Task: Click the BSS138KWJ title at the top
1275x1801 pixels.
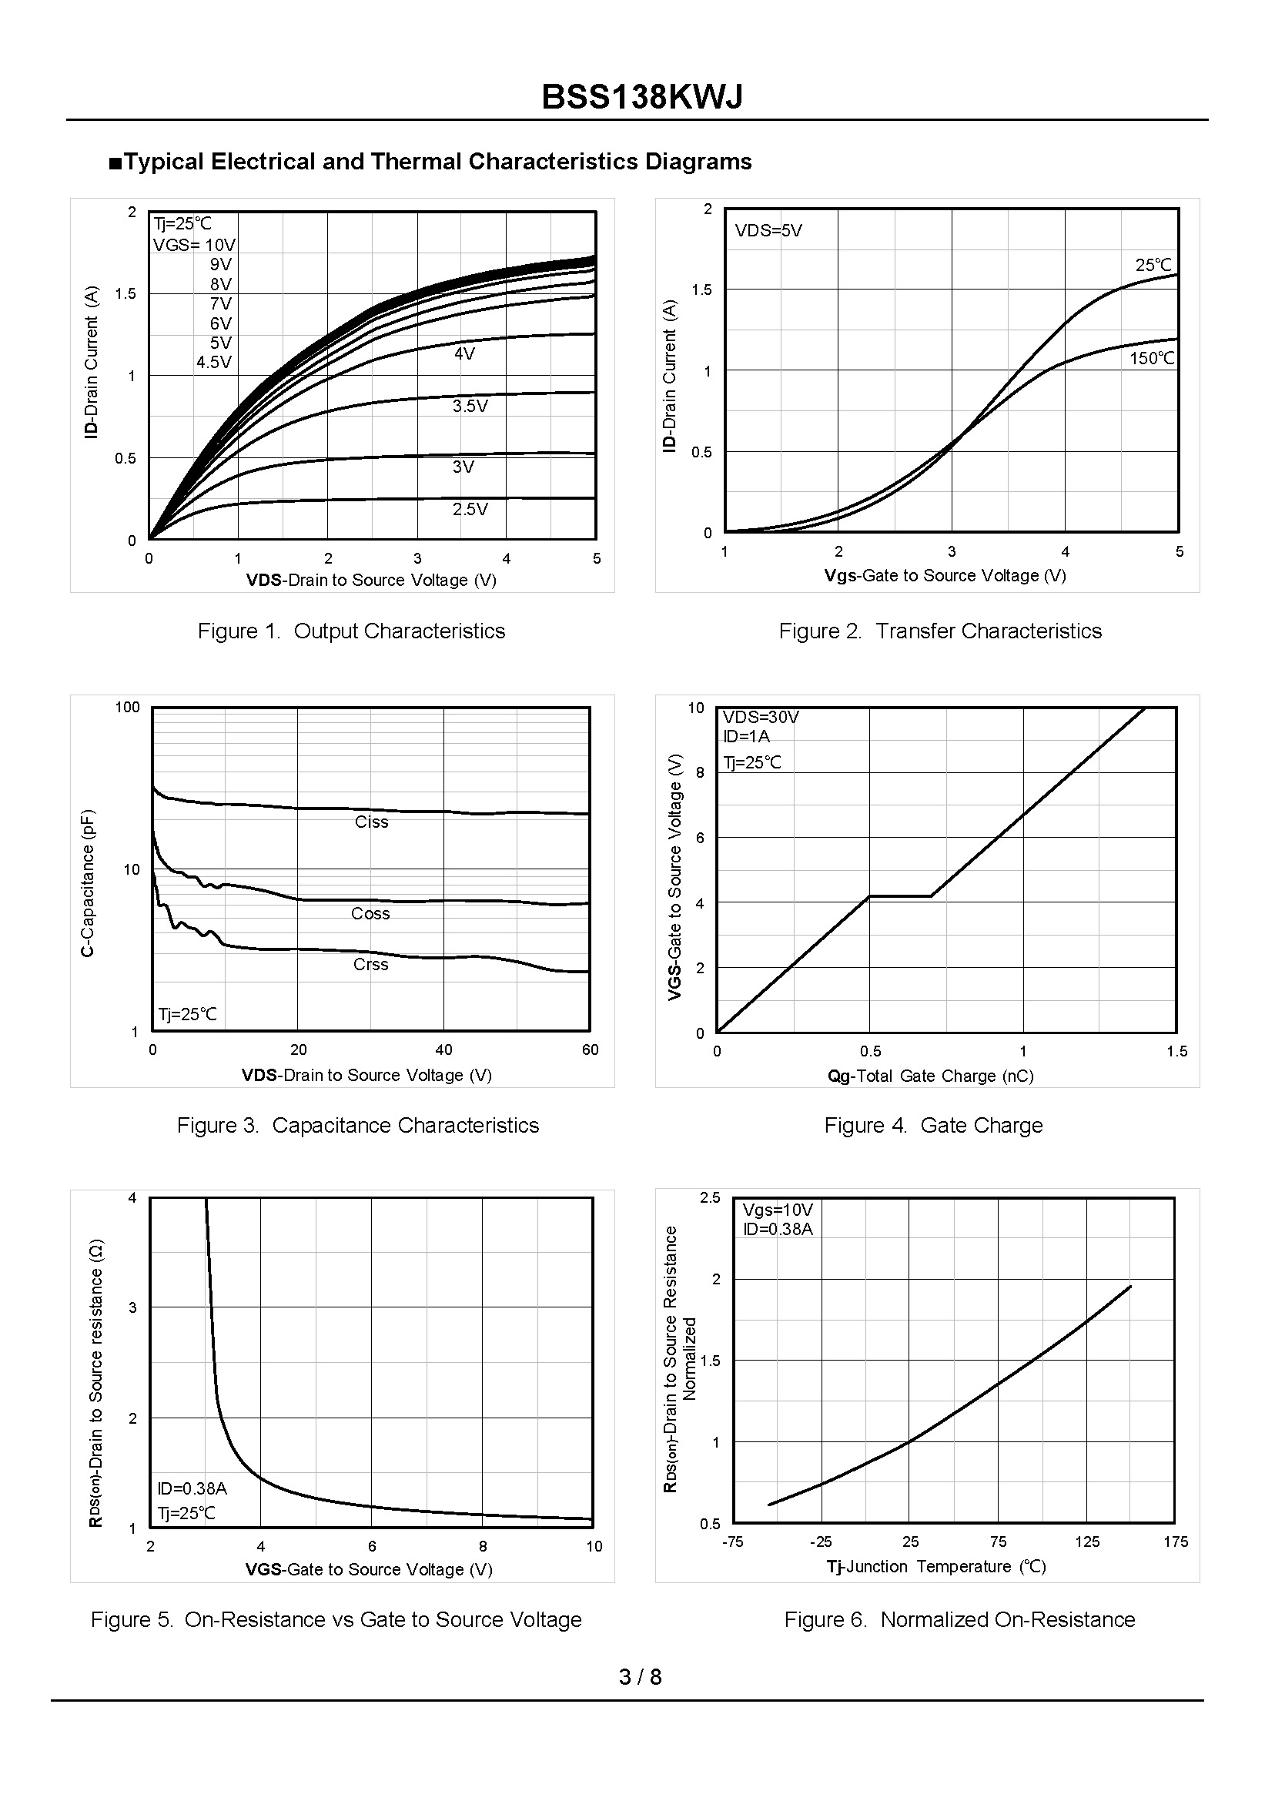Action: (x=641, y=97)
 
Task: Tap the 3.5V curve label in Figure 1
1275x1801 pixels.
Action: (x=470, y=406)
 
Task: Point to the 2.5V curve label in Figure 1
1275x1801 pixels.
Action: (x=470, y=509)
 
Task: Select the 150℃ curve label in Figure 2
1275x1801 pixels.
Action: (x=1152, y=358)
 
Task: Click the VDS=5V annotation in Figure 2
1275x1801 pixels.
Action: (x=768, y=231)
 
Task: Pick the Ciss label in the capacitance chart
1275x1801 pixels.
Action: (x=371, y=822)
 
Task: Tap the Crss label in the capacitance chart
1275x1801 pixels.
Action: (x=370, y=964)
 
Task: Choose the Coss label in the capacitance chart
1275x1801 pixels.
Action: (x=370, y=913)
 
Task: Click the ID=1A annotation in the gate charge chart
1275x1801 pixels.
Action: (x=746, y=736)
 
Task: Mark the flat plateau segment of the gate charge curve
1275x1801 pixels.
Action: (x=900, y=895)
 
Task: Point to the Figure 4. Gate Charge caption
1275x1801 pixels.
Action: (x=932, y=1125)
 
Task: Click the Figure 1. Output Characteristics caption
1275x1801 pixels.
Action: (x=351, y=631)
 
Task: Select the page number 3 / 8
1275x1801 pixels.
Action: (x=640, y=1676)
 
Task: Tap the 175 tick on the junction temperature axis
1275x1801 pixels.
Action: (x=1175, y=1542)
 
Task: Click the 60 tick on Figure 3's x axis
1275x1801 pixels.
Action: (x=590, y=1049)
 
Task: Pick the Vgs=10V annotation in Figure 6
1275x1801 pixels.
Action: (x=778, y=1210)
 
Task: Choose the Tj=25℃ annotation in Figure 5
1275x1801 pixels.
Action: (x=186, y=1513)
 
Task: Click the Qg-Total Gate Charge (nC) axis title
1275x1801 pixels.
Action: (x=930, y=1076)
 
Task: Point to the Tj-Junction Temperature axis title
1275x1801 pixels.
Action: (x=935, y=1566)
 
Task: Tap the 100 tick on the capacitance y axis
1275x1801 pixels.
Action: (x=127, y=707)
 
